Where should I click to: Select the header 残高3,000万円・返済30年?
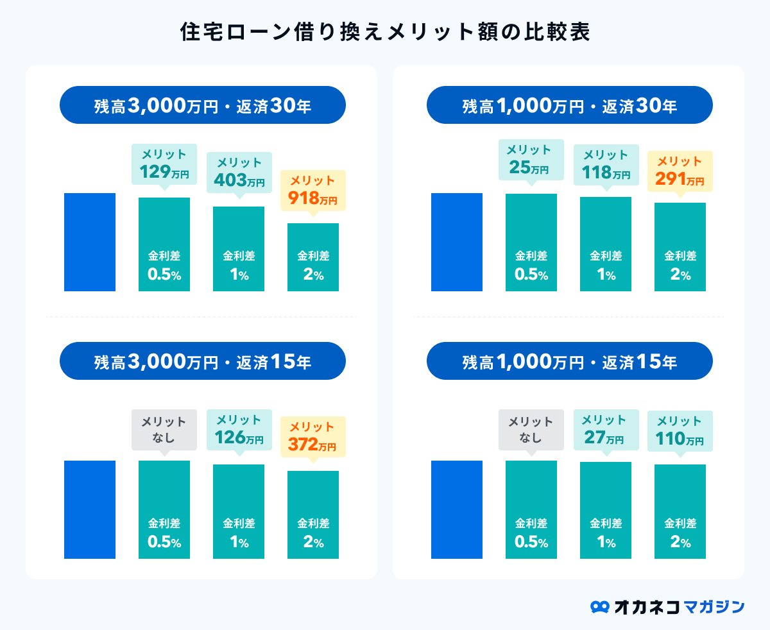[x=202, y=105]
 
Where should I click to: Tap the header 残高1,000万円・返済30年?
[x=569, y=105]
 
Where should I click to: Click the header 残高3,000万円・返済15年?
[x=202, y=361]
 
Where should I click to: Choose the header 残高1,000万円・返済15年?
[x=569, y=361]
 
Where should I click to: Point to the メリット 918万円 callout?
[x=313, y=190]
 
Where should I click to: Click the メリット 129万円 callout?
[x=164, y=164]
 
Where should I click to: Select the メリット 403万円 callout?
[x=239, y=172]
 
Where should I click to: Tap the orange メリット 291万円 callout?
[x=680, y=171]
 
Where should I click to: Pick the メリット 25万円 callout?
[x=531, y=160]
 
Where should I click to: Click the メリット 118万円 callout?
[x=606, y=164]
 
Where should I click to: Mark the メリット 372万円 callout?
[x=313, y=437]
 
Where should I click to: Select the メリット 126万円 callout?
[x=239, y=430]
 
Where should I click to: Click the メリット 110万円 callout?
[x=680, y=430]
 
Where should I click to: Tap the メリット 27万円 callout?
[x=606, y=429]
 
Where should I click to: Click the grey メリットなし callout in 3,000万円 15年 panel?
[x=164, y=430]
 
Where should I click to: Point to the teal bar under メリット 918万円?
[x=313, y=257]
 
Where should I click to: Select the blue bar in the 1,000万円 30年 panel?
[x=457, y=242]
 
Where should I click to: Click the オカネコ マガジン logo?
[x=667, y=606]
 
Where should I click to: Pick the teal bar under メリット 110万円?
[x=680, y=511]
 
